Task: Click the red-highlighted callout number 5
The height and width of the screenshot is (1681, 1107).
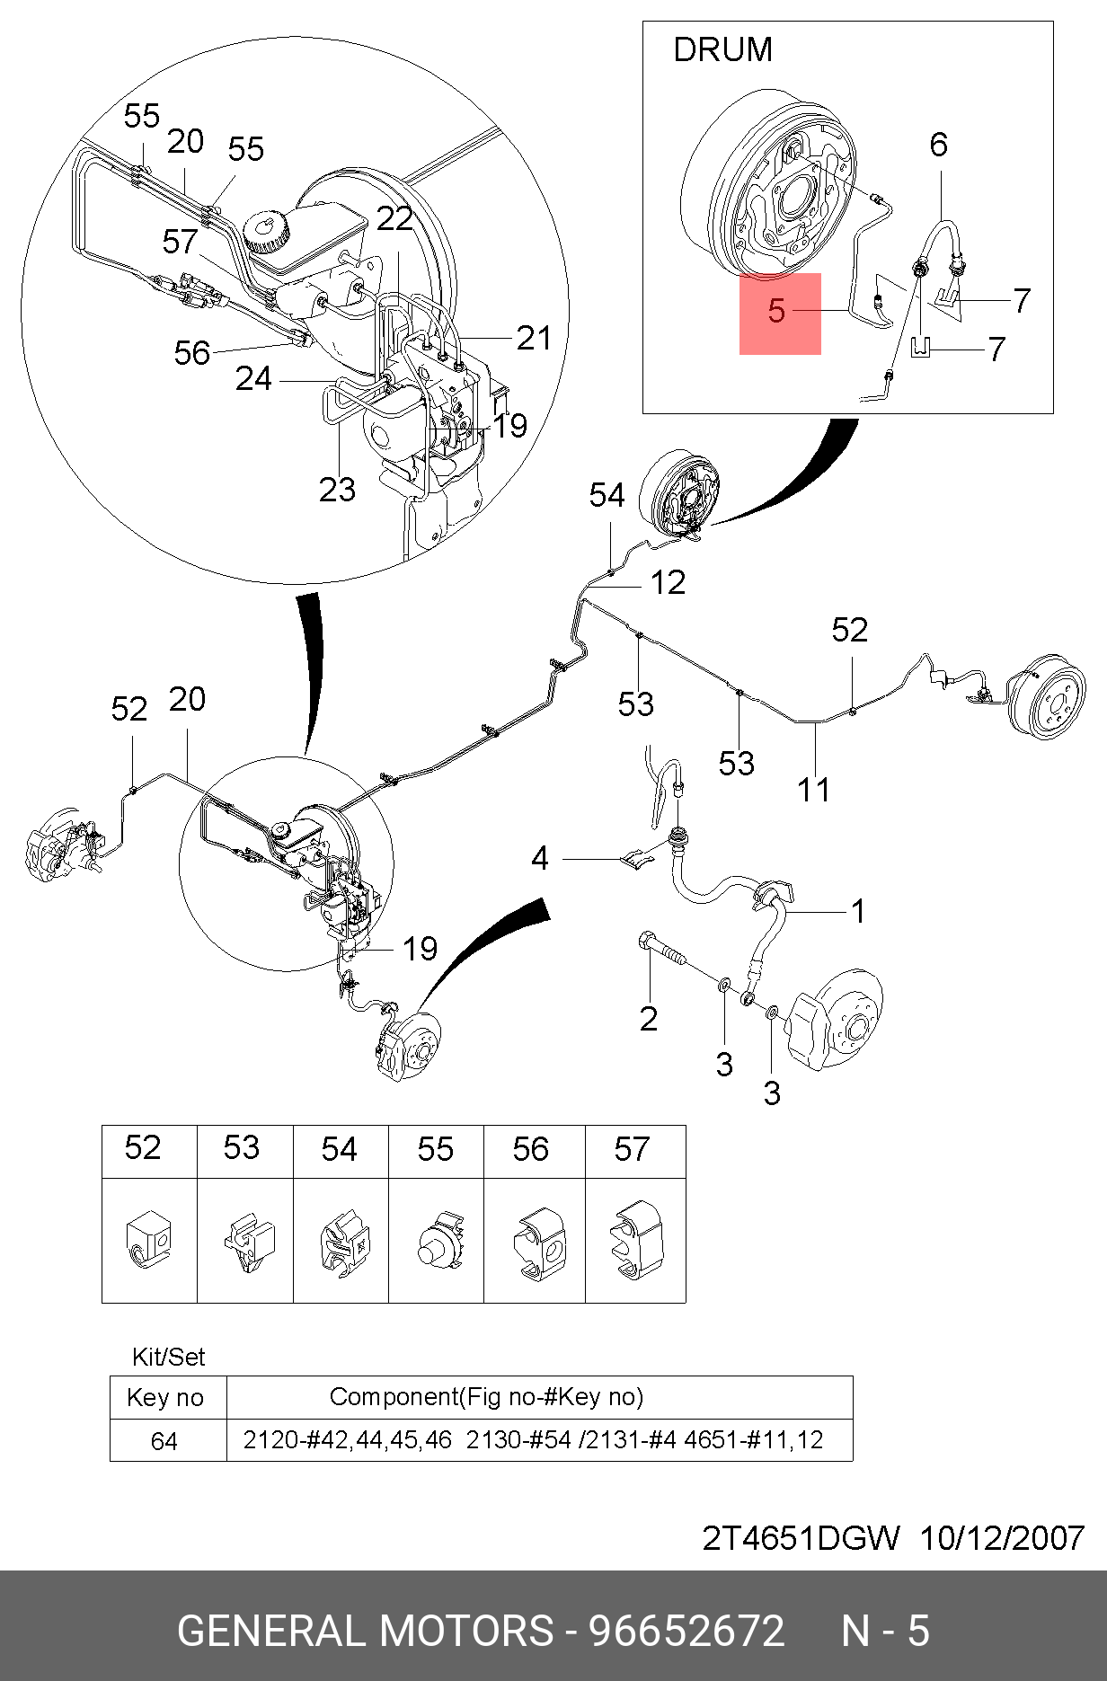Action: [777, 312]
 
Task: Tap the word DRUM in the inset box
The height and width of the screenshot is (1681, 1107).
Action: [722, 50]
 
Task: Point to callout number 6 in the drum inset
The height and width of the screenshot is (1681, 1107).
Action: [938, 145]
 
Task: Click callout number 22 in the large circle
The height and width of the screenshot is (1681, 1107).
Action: [394, 218]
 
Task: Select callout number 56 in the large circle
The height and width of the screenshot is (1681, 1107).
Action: [192, 353]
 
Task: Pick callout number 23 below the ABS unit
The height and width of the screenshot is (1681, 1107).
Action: [337, 490]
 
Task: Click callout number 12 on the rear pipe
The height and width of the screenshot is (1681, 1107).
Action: [668, 583]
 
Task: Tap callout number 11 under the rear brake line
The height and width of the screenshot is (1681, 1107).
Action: [814, 791]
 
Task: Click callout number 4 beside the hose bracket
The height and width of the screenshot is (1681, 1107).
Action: [539, 859]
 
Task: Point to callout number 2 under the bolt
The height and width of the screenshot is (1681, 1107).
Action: [649, 1019]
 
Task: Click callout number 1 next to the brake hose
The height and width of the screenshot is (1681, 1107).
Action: [858, 912]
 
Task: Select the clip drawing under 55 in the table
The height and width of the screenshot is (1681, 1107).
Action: [438, 1242]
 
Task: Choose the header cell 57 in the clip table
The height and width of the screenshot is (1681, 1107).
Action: [632, 1149]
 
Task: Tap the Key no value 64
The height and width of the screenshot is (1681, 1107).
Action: [164, 1441]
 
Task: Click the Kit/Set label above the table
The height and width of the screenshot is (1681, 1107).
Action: [168, 1357]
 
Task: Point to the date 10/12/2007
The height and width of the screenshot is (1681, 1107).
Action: [1001, 1538]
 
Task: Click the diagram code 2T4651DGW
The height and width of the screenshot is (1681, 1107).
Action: [800, 1538]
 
